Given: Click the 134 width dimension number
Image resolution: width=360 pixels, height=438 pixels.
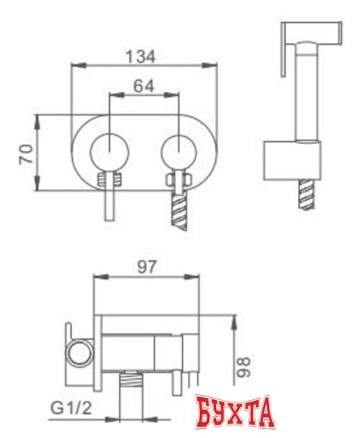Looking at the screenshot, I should [x=142, y=57].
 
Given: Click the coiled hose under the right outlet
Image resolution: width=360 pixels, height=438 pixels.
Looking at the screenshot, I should [x=179, y=208].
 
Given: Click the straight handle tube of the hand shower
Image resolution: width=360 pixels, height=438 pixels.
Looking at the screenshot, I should [x=308, y=99].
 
